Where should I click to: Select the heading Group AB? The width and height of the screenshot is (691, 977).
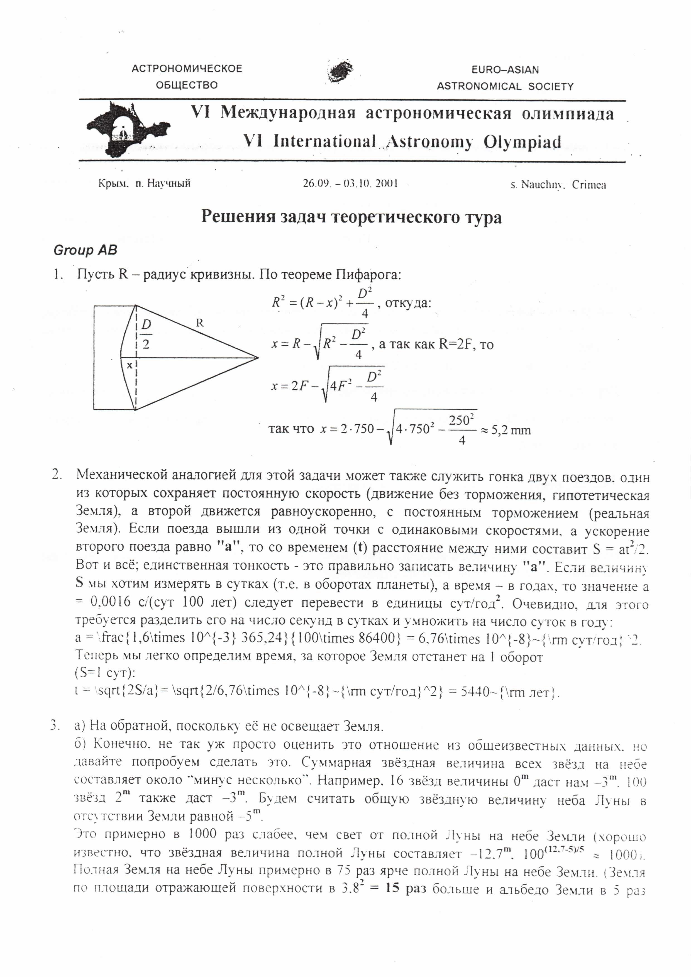85,250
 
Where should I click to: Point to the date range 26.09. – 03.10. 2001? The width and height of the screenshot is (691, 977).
350,184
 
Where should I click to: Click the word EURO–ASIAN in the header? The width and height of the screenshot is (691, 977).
505,70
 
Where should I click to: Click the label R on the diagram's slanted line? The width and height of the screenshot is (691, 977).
199,323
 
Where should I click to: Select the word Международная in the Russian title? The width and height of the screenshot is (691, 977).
288,114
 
